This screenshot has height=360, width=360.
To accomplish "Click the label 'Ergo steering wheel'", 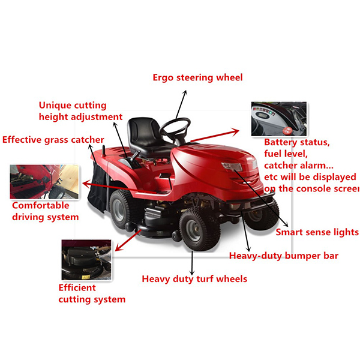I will [x=197, y=77].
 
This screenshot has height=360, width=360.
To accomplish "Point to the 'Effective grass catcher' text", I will [x=53, y=140].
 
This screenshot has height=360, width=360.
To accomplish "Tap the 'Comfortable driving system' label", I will [x=45, y=211].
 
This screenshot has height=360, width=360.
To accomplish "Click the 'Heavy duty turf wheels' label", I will [x=194, y=278].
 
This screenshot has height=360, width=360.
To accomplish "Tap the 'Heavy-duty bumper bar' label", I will [x=284, y=256].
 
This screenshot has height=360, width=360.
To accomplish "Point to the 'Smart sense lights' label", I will [x=317, y=232].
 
